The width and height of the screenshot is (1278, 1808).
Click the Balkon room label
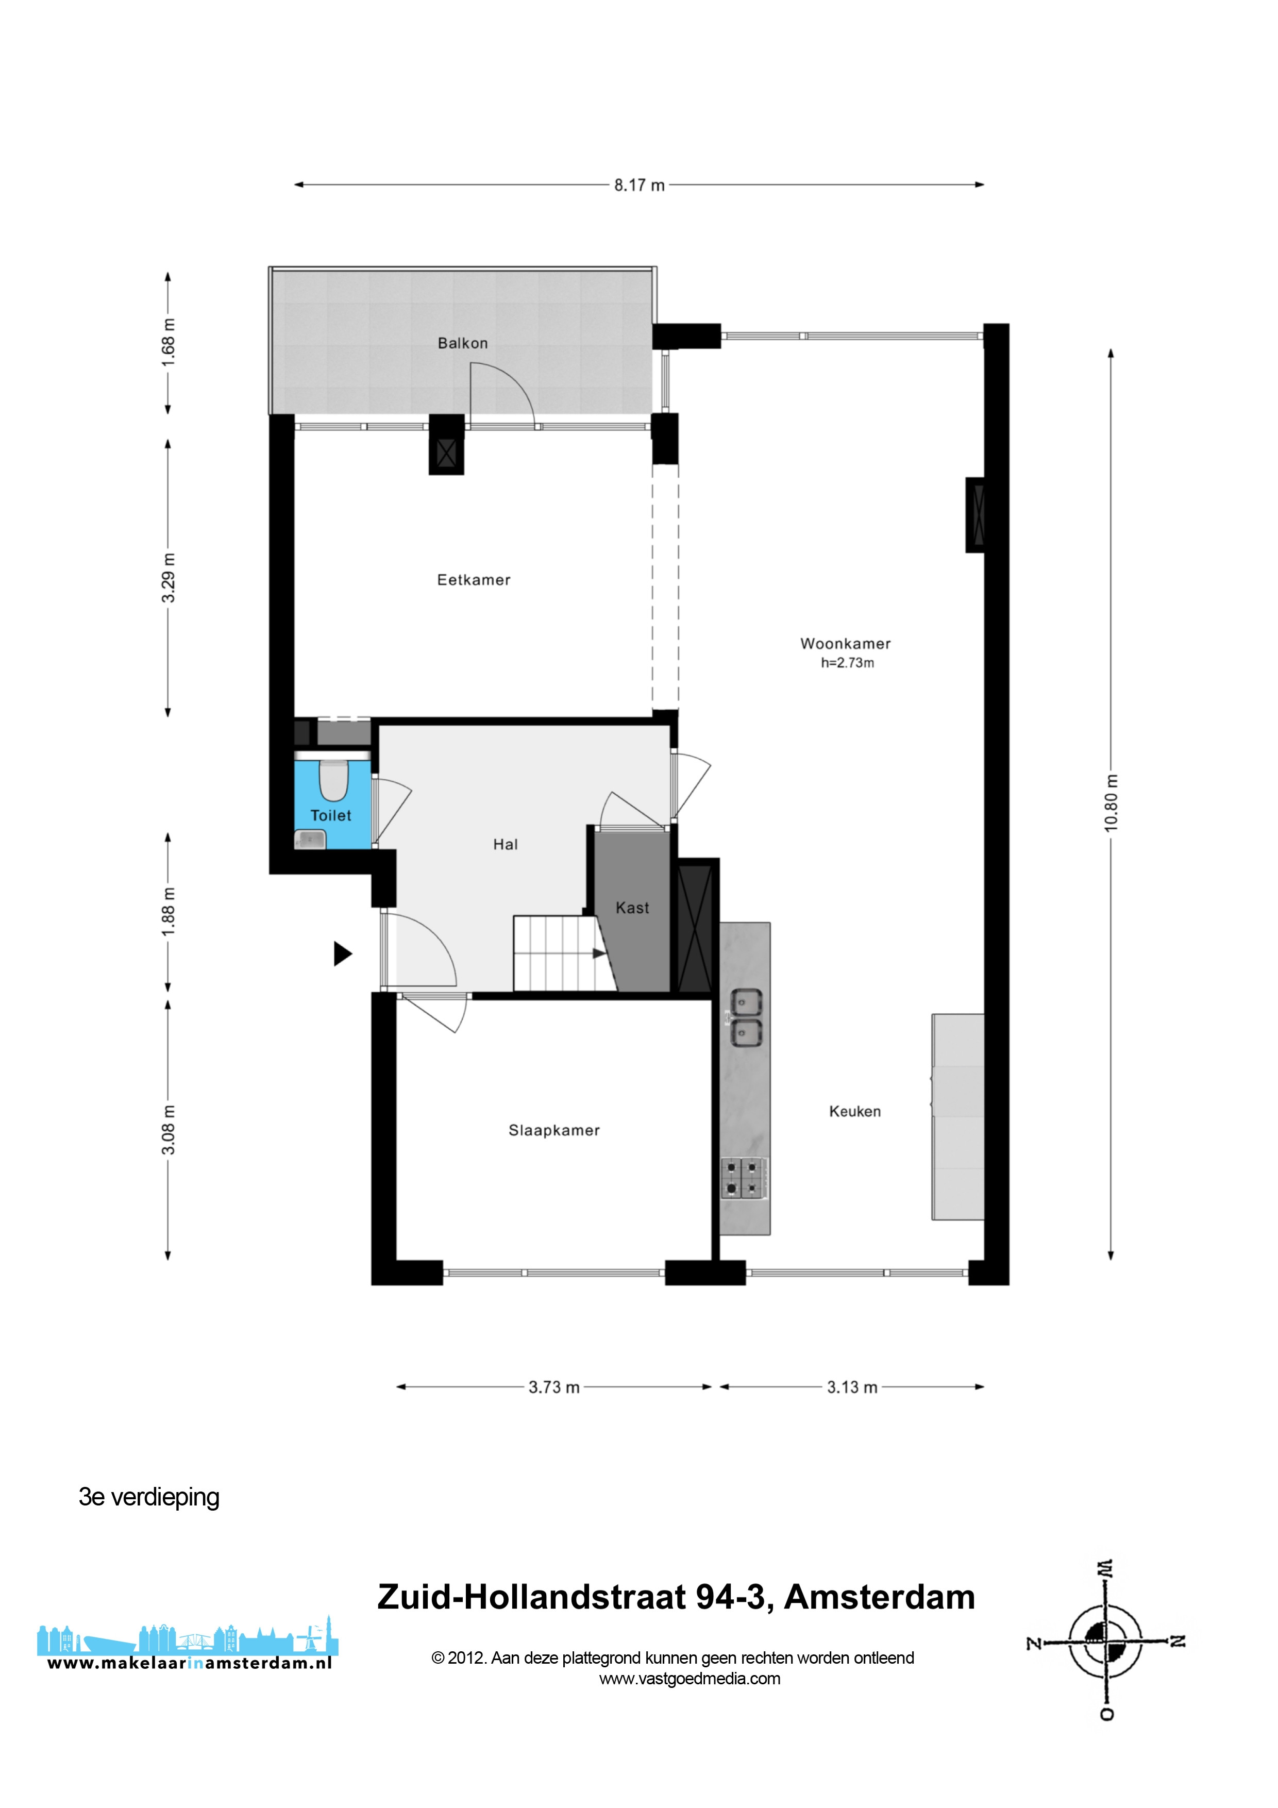[462, 343]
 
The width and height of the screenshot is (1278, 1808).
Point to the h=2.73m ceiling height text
[847, 662]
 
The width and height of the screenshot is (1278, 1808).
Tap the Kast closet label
[632, 908]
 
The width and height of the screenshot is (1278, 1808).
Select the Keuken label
[854, 1111]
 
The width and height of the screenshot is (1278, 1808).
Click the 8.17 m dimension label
[640, 185]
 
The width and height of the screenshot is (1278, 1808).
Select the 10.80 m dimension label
[1111, 802]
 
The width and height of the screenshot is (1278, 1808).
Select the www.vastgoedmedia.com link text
[690, 1678]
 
